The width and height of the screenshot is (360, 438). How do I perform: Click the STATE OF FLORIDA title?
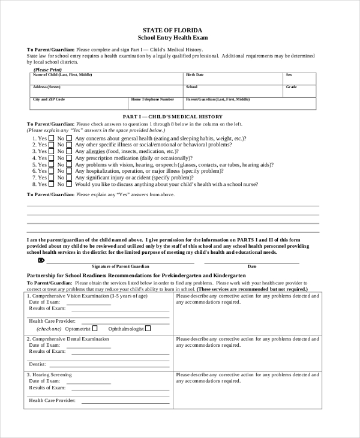point(172,29)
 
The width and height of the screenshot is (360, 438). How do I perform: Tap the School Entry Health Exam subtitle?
point(172,37)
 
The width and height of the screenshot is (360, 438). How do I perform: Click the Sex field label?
point(289,75)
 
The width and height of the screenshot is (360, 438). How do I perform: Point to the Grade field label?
point(291,87)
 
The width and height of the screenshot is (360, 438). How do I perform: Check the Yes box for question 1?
point(52,138)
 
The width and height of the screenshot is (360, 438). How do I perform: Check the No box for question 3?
point(69,151)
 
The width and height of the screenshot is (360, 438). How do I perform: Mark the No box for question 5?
point(69,164)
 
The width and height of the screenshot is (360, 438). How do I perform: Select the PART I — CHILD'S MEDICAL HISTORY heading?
point(172,116)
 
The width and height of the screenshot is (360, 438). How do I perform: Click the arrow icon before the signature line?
point(41,260)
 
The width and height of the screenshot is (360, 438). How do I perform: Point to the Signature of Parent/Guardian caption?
point(120,266)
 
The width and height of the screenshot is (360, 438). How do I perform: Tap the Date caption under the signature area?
point(252,266)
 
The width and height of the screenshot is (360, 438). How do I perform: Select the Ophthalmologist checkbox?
point(148,328)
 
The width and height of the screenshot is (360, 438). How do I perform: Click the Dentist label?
point(37,364)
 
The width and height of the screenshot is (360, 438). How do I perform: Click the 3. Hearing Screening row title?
point(49,374)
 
